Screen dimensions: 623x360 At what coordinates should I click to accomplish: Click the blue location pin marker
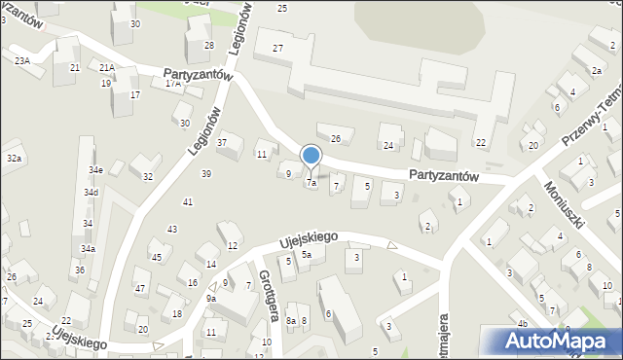click(311, 156)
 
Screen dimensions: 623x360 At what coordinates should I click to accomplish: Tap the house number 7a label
click(311, 182)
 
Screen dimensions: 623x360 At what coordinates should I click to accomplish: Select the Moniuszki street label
click(564, 204)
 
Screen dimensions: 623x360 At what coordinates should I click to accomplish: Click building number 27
click(278, 49)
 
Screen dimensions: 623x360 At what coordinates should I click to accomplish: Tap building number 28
click(208, 46)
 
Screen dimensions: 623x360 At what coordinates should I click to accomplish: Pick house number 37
click(222, 143)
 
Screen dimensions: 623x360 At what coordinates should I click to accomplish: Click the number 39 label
click(205, 173)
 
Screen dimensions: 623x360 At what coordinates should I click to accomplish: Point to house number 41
click(188, 201)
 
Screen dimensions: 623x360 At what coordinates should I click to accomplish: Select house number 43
click(172, 230)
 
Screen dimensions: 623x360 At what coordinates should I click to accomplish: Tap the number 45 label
click(156, 257)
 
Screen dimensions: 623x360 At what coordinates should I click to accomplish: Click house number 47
click(140, 288)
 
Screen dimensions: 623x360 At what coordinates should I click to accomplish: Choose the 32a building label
click(14, 158)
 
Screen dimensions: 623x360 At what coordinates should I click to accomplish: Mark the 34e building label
click(95, 170)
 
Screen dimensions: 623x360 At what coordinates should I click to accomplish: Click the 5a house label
click(306, 255)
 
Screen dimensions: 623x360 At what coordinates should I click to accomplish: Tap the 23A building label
click(21, 60)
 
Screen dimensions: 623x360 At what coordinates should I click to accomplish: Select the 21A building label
click(107, 67)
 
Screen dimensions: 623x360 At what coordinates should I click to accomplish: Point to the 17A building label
click(173, 84)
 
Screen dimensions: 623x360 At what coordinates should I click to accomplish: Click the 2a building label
click(596, 71)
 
